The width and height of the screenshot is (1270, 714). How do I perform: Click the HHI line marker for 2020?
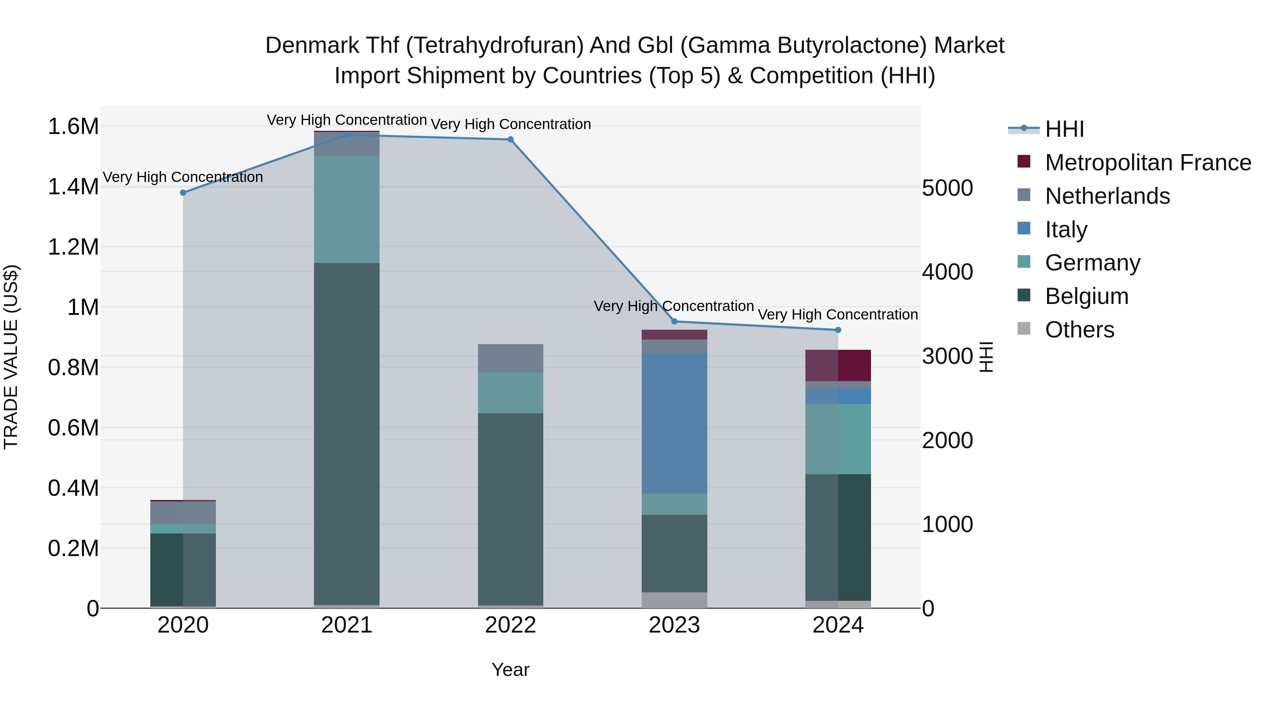click(x=183, y=193)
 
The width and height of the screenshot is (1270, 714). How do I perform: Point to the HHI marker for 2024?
click(x=838, y=330)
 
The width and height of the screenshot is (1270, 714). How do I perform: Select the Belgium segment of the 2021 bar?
click(x=346, y=434)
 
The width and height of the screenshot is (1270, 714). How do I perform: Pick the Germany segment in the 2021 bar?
click(x=346, y=209)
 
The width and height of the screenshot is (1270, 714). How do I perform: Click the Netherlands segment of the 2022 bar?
click(x=510, y=358)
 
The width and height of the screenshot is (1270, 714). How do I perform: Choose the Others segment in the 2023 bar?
click(x=674, y=600)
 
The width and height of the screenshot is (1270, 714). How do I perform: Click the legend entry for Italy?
click(x=1066, y=229)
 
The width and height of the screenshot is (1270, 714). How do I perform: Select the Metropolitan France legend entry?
click(x=1148, y=162)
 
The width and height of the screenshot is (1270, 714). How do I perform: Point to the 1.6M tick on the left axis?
click(x=73, y=126)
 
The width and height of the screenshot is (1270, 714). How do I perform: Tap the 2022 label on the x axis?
click(x=510, y=625)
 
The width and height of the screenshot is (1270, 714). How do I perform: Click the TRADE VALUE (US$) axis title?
click(x=11, y=357)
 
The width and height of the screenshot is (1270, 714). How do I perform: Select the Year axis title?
click(x=510, y=670)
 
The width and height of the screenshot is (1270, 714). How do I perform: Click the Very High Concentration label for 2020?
click(x=183, y=177)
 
